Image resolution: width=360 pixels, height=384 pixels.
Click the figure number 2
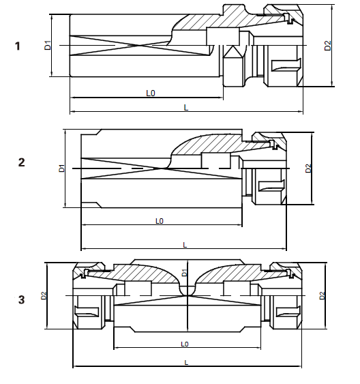pyautogui.click(x=22, y=162)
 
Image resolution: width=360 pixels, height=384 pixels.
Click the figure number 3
pyautogui.click(x=22, y=299)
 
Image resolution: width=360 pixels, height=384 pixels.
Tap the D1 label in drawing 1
pyautogui.click(x=48, y=46)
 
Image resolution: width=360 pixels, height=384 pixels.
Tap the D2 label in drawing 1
pyautogui.click(x=328, y=46)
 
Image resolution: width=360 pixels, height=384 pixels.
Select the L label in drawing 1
pyautogui.click(x=186, y=108)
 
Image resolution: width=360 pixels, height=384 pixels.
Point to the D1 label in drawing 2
pyautogui.click(x=62, y=167)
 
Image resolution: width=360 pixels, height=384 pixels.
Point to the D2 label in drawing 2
pyautogui.click(x=308, y=168)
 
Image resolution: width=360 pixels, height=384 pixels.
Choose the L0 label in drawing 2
pyautogui.click(x=160, y=221)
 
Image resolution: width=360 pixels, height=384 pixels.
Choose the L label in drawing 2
pyautogui.click(x=184, y=244)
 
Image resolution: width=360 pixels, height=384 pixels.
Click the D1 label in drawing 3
pyautogui.click(x=185, y=274)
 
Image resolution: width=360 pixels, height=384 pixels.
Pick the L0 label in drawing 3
pyautogui.click(x=185, y=344)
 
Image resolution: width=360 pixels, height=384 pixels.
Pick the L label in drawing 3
pyautogui.click(x=186, y=361)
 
